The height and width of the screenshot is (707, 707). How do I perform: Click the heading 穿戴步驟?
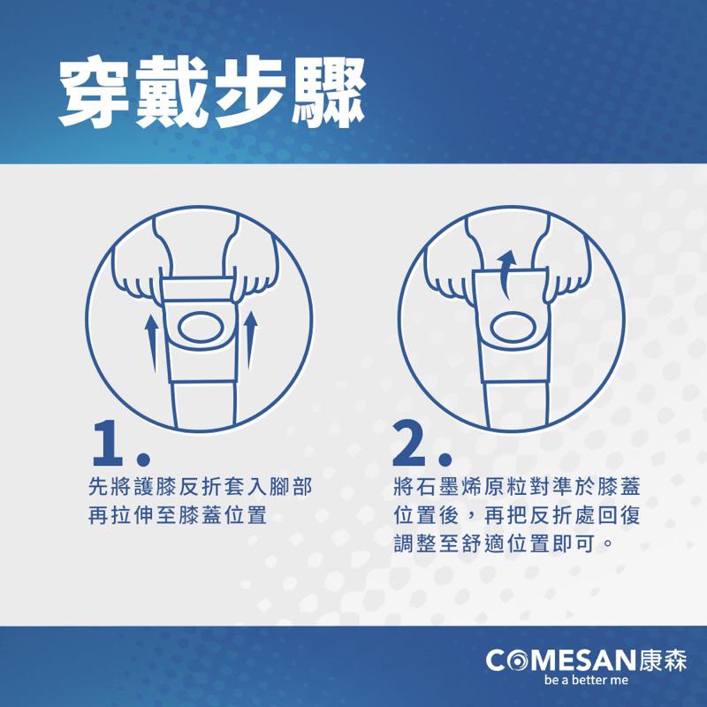[211, 91]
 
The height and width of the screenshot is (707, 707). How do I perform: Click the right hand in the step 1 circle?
[257, 276]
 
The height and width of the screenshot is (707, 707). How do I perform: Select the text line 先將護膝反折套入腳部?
[201, 487]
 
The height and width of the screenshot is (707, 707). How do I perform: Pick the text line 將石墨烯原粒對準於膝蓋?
[519, 487]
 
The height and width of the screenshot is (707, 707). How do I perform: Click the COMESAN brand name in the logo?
[559, 660]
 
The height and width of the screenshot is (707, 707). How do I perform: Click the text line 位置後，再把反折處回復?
[519, 515]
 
